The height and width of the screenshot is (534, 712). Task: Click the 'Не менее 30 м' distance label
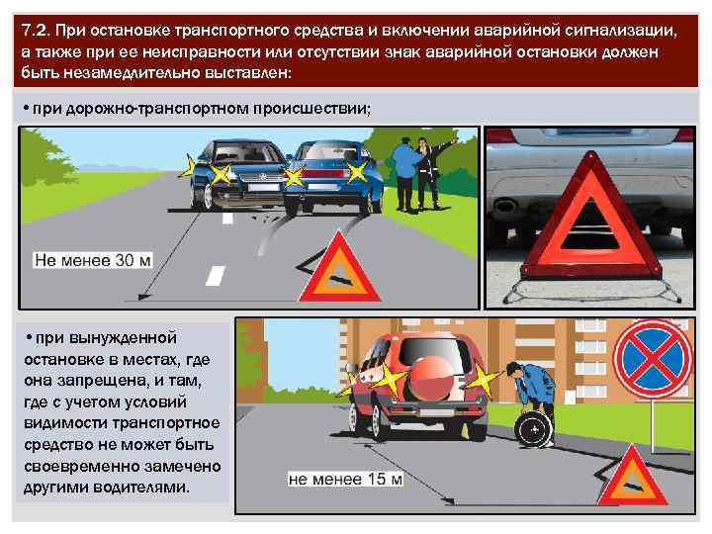click(x=93, y=260)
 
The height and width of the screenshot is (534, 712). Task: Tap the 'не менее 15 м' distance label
click(x=345, y=479)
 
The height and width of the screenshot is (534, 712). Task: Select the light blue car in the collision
click(x=326, y=173)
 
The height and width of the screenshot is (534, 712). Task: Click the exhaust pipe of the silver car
click(x=506, y=206)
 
